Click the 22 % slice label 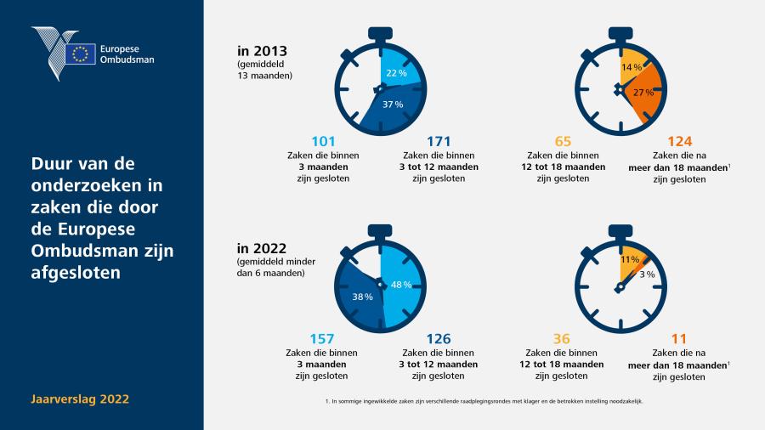coord(396,73)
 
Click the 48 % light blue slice coord(401,286)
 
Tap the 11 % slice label coord(629,260)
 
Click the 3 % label coord(647,274)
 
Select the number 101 coord(323,141)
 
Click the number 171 coord(439,141)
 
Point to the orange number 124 coord(680,141)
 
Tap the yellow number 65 coord(563,141)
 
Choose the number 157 coord(322,339)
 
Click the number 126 coord(438,339)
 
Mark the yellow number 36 coord(562,339)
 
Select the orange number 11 coord(678,339)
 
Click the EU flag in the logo coord(81,54)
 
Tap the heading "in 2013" coord(262,51)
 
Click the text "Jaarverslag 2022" coord(80,399)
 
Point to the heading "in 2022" coord(262,249)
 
